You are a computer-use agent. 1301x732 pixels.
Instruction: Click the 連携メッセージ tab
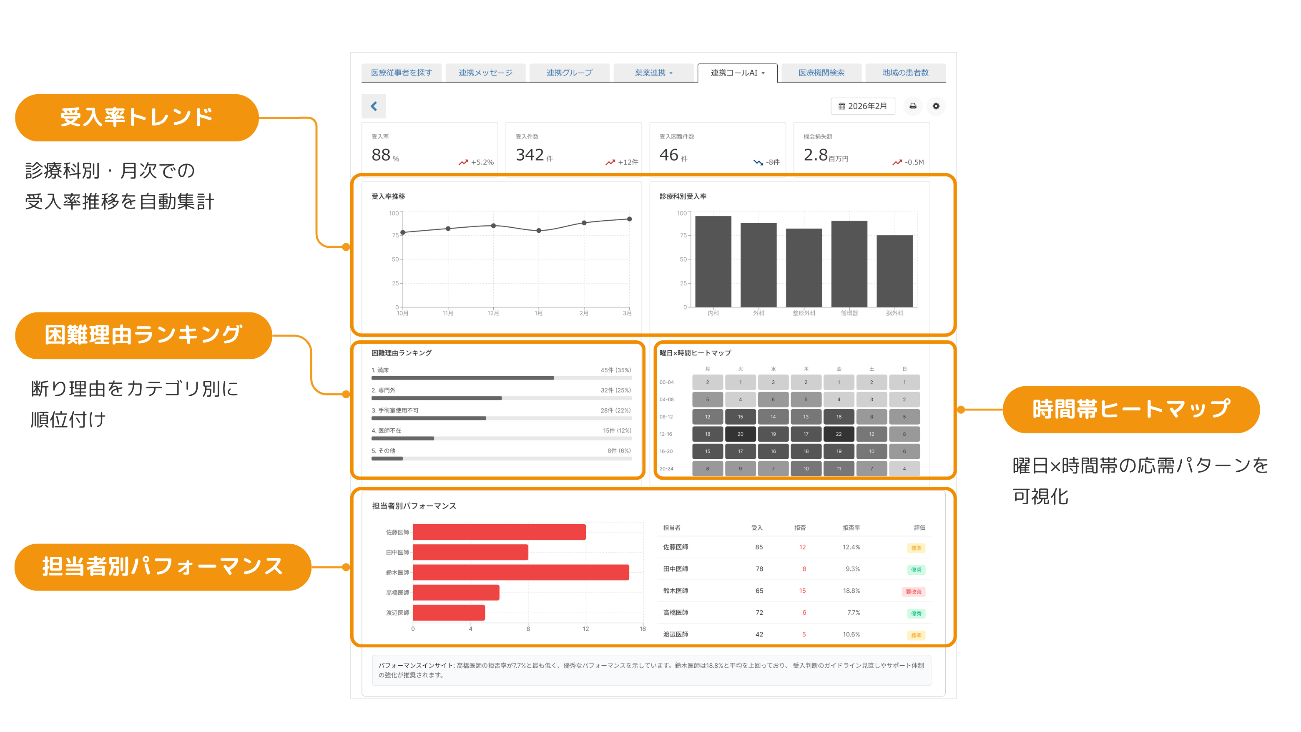pos(485,73)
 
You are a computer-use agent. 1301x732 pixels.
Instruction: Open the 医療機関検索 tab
pos(821,73)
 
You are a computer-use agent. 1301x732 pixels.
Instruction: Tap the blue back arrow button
pos(374,106)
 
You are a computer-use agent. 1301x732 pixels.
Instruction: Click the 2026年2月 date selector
pos(863,106)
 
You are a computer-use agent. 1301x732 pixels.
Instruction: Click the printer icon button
pos(913,106)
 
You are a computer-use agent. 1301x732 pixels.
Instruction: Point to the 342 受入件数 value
pos(529,155)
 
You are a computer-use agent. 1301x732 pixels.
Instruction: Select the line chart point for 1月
pos(539,230)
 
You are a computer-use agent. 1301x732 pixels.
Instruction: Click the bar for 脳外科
pos(894,271)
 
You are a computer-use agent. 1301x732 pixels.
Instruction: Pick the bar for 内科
pos(713,262)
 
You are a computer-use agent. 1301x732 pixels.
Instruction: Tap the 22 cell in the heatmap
pos(839,434)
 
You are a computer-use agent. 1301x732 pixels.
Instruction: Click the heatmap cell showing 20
pos(741,434)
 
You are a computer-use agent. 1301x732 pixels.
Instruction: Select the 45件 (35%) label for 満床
pos(615,370)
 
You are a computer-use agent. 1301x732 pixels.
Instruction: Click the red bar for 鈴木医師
pos(521,572)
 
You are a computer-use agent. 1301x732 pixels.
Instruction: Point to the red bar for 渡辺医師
pos(449,613)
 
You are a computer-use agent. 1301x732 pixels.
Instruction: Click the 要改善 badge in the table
pos(913,591)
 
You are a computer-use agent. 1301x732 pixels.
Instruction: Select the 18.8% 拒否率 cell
pos(851,591)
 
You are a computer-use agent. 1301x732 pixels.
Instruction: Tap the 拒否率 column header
pos(851,528)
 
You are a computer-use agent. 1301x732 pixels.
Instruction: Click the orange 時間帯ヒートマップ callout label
pos(1131,410)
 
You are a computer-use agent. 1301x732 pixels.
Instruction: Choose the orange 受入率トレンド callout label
pos(137,118)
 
